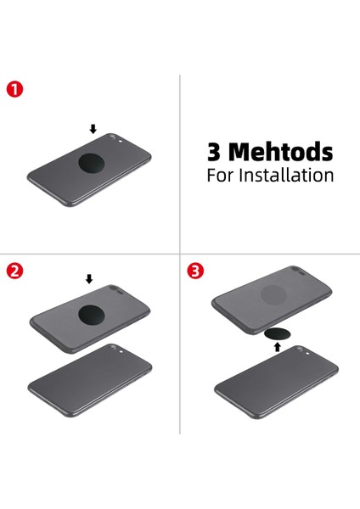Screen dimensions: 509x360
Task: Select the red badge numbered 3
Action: [x=195, y=271]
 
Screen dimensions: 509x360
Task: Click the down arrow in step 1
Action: [x=93, y=129]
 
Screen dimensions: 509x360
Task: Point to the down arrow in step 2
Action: [x=89, y=278]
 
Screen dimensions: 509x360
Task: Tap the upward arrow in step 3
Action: [x=277, y=347]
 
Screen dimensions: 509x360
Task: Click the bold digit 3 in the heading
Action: [x=214, y=152]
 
